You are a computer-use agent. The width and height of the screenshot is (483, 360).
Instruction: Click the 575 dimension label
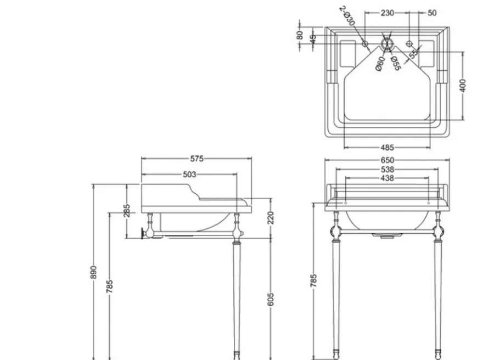(197, 159)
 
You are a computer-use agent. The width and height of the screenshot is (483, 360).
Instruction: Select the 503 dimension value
(189, 175)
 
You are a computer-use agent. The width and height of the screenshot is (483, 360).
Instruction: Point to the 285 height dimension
(127, 211)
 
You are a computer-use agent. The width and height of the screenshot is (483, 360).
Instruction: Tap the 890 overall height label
(94, 272)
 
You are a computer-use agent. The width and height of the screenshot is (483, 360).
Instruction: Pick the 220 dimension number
(271, 218)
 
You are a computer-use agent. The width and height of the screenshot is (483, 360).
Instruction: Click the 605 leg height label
(271, 299)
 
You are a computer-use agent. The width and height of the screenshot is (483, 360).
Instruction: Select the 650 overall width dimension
(387, 160)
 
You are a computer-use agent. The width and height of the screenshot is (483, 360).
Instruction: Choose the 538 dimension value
(387, 170)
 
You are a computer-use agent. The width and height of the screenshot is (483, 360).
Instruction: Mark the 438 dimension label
(387, 178)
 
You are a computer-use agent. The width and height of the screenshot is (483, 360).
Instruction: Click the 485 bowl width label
(387, 148)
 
